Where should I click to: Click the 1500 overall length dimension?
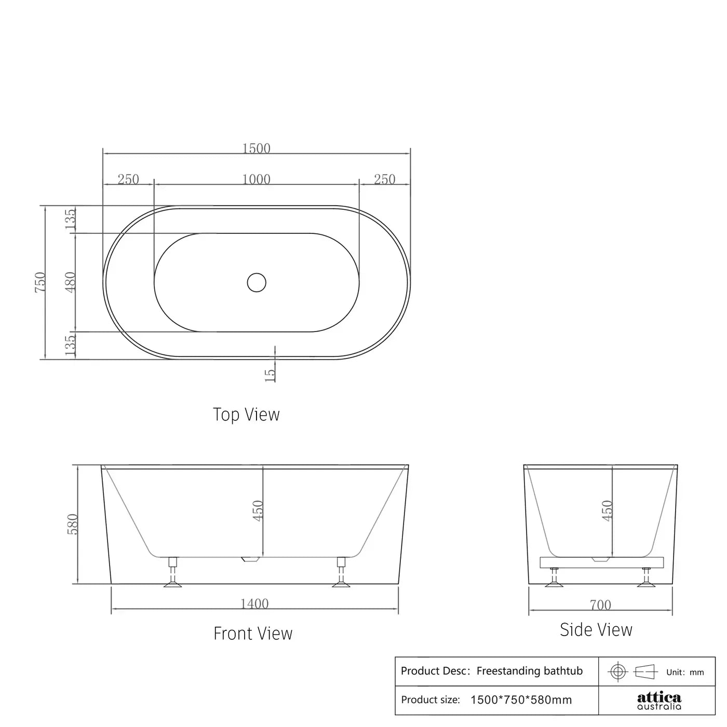(x=257, y=149)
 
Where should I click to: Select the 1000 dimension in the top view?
(x=257, y=179)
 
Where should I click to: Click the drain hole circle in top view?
(x=257, y=282)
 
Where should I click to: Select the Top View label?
(x=246, y=415)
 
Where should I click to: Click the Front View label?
(x=253, y=633)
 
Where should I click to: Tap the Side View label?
(x=596, y=630)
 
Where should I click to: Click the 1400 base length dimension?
(x=254, y=604)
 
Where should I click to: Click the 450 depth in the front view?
(x=258, y=510)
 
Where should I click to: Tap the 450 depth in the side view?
(x=607, y=510)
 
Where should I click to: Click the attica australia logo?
(x=659, y=700)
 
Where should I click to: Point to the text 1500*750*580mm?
(x=521, y=700)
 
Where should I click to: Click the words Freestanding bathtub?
(x=529, y=671)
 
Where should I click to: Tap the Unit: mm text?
(x=685, y=672)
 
